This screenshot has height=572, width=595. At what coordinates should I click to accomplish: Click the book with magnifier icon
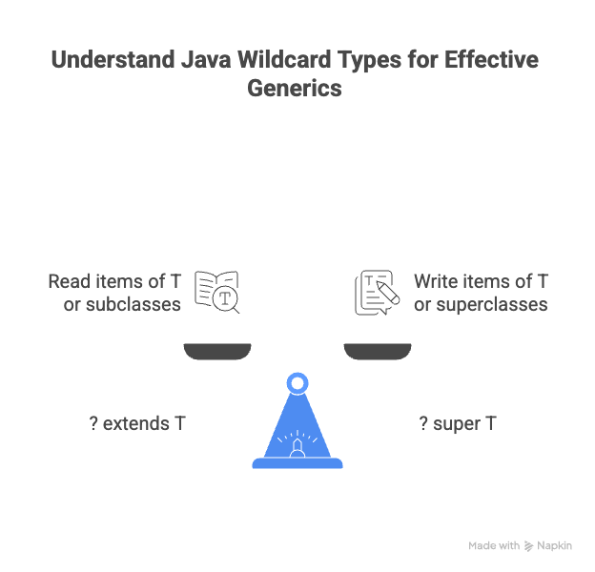[217, 292]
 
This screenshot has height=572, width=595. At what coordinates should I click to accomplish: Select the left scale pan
[217, 352]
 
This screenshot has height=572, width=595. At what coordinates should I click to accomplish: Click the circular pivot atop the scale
[297, 384]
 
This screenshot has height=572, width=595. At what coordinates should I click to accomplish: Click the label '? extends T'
[137, 423]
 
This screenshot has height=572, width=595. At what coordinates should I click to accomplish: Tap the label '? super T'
[458, 423]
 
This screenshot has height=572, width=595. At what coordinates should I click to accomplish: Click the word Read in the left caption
[69, 282]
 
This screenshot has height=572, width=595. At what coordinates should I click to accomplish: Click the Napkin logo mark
[528, 546]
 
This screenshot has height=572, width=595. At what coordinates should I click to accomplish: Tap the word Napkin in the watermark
[555, 546]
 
